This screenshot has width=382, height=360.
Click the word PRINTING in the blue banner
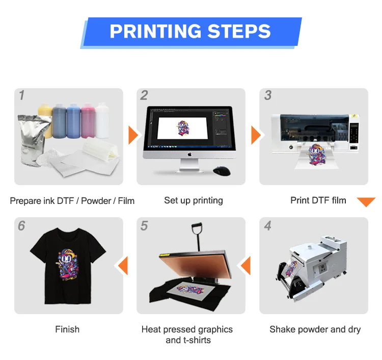point(155,31)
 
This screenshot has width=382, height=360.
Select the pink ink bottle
point(88,121)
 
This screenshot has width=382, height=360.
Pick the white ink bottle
point(102,121)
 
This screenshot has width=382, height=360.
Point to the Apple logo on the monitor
point(189,154)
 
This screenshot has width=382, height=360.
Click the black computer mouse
point(222,171)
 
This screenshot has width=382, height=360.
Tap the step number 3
point(268,95)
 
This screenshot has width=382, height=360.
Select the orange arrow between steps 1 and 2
point(133,135)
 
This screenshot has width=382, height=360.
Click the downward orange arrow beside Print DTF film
point(366,201)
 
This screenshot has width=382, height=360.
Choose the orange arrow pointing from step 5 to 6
point(123,265)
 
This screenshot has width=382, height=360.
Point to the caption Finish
point(67,329)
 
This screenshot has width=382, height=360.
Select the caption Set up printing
point(194,201)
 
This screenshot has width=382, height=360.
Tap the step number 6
point(21,225)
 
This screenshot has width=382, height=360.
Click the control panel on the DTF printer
point(354,133)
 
